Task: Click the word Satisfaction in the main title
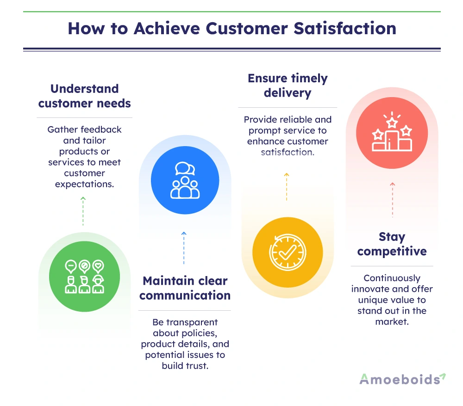pos(345,29)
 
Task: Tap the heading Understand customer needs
pos(84,96)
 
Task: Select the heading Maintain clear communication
pos(185,288)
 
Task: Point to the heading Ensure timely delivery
pos(288,86)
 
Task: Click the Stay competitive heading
pos(392,244)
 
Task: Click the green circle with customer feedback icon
pos(84,276)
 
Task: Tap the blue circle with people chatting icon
pos(185,180)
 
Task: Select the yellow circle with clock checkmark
pos(288,252)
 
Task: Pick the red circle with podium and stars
pos(392,133)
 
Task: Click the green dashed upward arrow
pos(83,211)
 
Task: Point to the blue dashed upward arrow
pos(184,248)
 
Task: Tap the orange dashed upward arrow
pos(287,187)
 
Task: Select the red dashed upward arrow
pos(393,200)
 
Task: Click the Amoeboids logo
pos(402,379)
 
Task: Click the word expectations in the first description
pos(84,185)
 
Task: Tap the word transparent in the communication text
pos(192,322)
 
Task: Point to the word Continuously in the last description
pos(392,278)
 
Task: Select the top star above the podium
pos(392,123)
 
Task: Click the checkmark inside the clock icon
pos(288,252)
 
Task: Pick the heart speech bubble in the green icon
pos(98,266)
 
